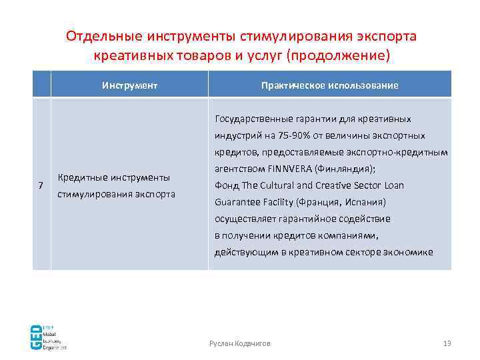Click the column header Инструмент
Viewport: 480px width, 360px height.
click(x=129, y=85)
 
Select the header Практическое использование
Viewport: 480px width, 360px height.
click(x=330, y=85)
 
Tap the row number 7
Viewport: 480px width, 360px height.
click(x=41, y=185)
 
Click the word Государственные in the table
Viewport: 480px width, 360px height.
click(x=247, y=119)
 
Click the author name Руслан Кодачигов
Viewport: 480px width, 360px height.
click(x=240, y=343)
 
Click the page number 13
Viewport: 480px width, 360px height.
click(x=447, y=343)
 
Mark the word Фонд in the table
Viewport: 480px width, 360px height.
click(x=225, y=185)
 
